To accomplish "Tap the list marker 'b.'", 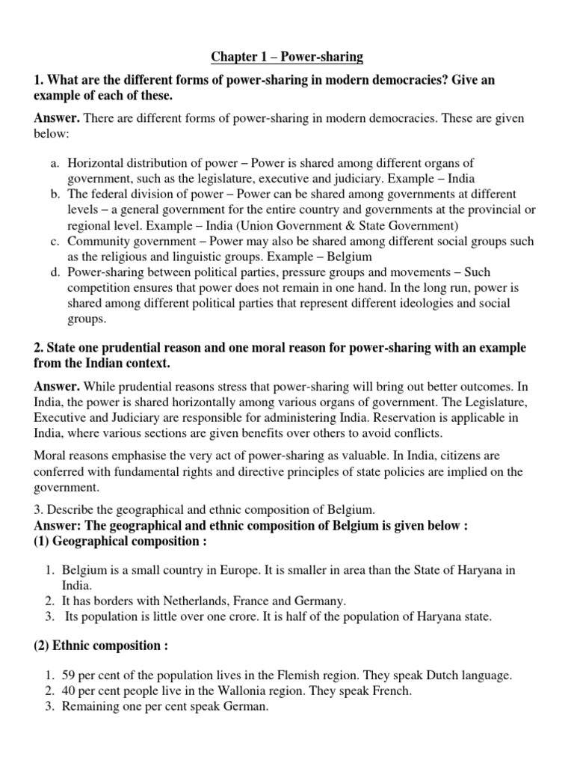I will [55, 194].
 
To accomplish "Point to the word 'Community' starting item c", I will [95, 242].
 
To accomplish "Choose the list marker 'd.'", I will [55, 272].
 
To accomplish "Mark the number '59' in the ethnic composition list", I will [70, 675].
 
